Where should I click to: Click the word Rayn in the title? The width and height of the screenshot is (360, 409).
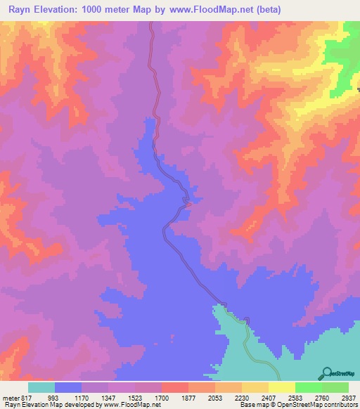click(21, 9)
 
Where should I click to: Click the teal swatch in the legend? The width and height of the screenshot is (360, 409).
click(41, 387)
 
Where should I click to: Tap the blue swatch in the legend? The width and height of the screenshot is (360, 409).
click(68, 387)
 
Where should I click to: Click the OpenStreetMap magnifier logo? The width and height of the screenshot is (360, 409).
click(326, 374)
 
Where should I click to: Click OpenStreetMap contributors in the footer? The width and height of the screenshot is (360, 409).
click(321, 405)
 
